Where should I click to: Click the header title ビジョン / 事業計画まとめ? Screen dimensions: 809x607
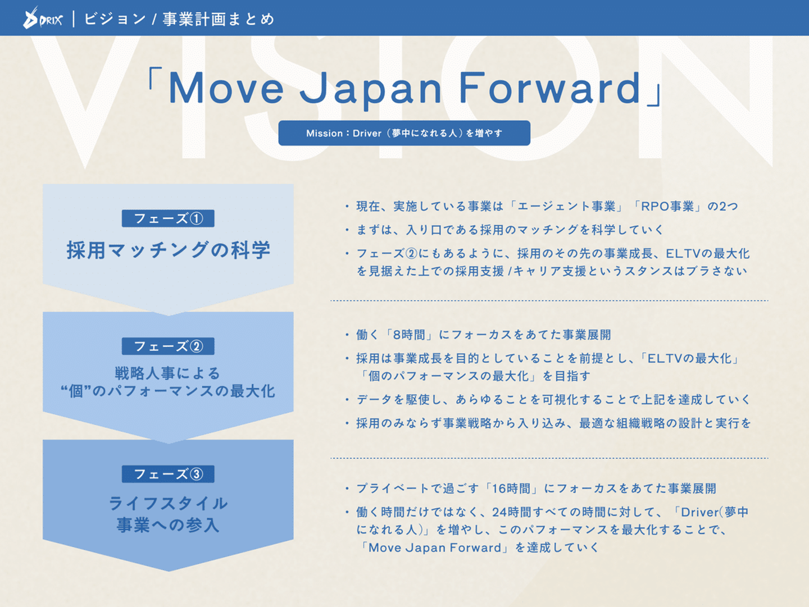coord(179,19)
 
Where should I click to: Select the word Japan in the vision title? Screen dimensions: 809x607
coord(370,90)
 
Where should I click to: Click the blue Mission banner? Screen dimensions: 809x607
coord(404,133)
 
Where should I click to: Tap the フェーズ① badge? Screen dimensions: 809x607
coord(168,218)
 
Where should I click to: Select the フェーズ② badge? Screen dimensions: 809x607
coord(168,346)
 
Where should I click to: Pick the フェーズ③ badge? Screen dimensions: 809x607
coord(168,474)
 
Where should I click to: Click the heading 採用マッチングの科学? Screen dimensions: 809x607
coord(169,250)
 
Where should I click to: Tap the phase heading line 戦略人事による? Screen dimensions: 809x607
coord(167,373)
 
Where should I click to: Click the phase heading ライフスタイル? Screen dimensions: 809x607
coord(168,503)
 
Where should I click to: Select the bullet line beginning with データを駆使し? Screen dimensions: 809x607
coord(553,399)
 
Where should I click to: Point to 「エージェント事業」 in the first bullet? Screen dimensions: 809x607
coord(566,206)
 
